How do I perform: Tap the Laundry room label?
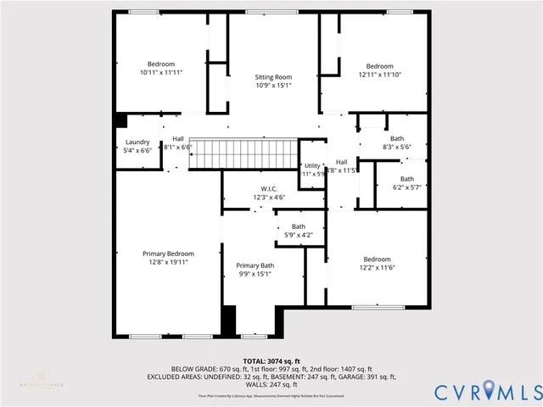tap(137, 142)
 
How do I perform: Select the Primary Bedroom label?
tap(168, 254)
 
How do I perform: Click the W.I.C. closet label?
tap(268, 188)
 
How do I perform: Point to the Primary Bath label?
tap(255, 265)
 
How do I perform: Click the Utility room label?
tap(312, 165)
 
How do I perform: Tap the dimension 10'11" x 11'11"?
tap(160, 73)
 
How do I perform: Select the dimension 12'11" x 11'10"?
tap(379, 75)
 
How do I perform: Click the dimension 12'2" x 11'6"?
tap(377, 268)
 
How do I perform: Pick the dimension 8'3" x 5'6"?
tap(396, 147)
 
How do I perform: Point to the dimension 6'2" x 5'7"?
tap(406, 187)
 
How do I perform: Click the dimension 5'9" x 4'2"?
tap(298, 235)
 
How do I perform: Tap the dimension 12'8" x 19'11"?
tap(168, 262)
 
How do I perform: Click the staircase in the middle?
tap(242, 153)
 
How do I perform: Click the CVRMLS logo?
tap(487, 392)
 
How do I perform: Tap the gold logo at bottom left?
tap(42, 380)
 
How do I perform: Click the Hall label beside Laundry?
tap(178, 139)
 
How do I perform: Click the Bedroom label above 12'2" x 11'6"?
tap(377, 259)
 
